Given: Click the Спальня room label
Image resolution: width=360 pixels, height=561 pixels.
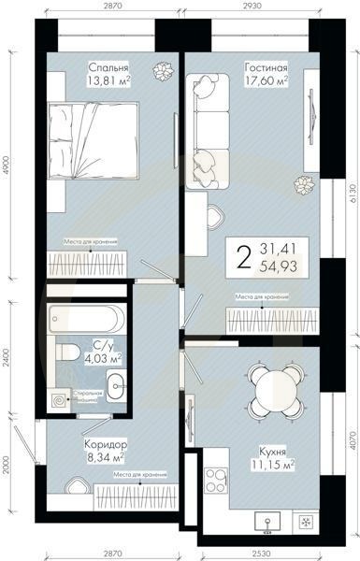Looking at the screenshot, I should (x=108, y=66).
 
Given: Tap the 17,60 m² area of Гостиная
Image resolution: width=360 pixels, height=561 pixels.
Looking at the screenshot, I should (x=266, y=81).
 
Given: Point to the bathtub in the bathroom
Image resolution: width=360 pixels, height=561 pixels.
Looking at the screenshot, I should (x=82, y=319).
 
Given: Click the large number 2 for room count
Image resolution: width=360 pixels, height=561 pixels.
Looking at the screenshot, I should (x=245, y=255).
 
